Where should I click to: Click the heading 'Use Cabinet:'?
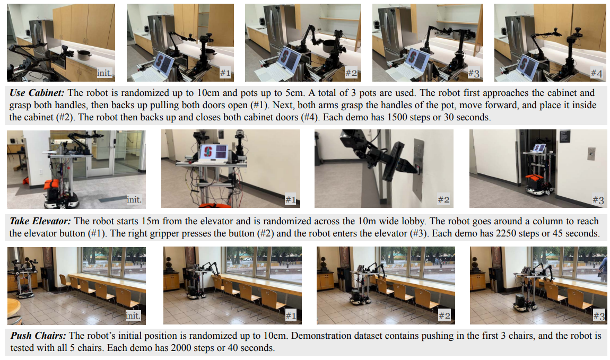37,93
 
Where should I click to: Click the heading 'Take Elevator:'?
40,221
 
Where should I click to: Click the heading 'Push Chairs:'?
38,336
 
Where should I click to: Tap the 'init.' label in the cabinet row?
104,73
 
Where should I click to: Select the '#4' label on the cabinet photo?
596,73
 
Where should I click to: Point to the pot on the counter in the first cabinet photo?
84,55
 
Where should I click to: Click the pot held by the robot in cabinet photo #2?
330,46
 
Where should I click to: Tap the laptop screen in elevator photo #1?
213,152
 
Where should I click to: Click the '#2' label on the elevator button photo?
443,200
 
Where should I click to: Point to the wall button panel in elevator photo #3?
591,154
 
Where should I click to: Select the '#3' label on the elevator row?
598,200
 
